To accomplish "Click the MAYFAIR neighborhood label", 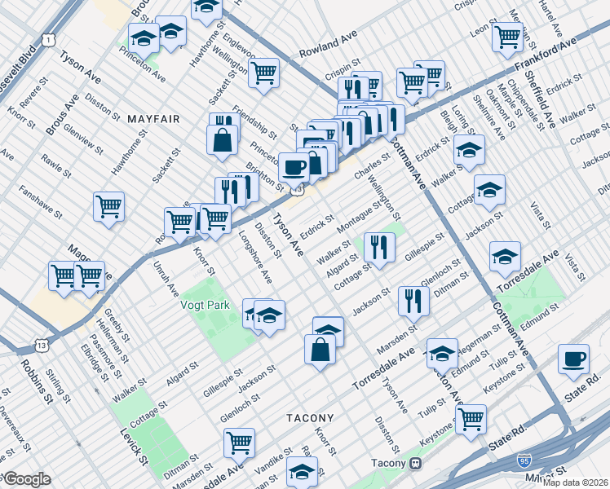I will [x=153, y=119].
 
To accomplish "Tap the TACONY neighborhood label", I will [x=310, y=417].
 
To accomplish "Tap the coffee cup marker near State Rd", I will [x=574, y=358].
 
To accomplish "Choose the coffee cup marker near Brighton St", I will [x=294, y=167].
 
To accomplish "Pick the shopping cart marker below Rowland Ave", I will [x=264, y=72].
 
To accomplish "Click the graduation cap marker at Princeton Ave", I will [x=144, y=39].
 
